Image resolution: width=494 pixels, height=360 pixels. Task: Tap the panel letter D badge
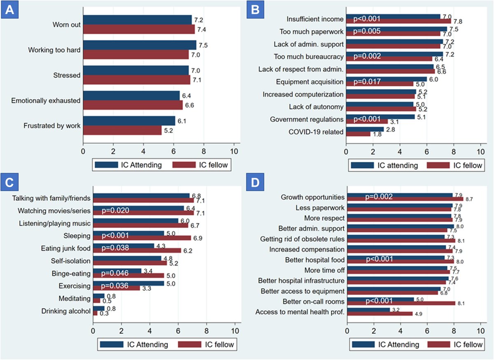255,184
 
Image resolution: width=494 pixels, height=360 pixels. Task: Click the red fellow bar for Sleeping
142,238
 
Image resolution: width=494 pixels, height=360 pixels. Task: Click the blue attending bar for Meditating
98,295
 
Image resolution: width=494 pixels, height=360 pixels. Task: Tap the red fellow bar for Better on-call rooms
401,303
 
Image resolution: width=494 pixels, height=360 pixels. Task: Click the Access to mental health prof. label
300,312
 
